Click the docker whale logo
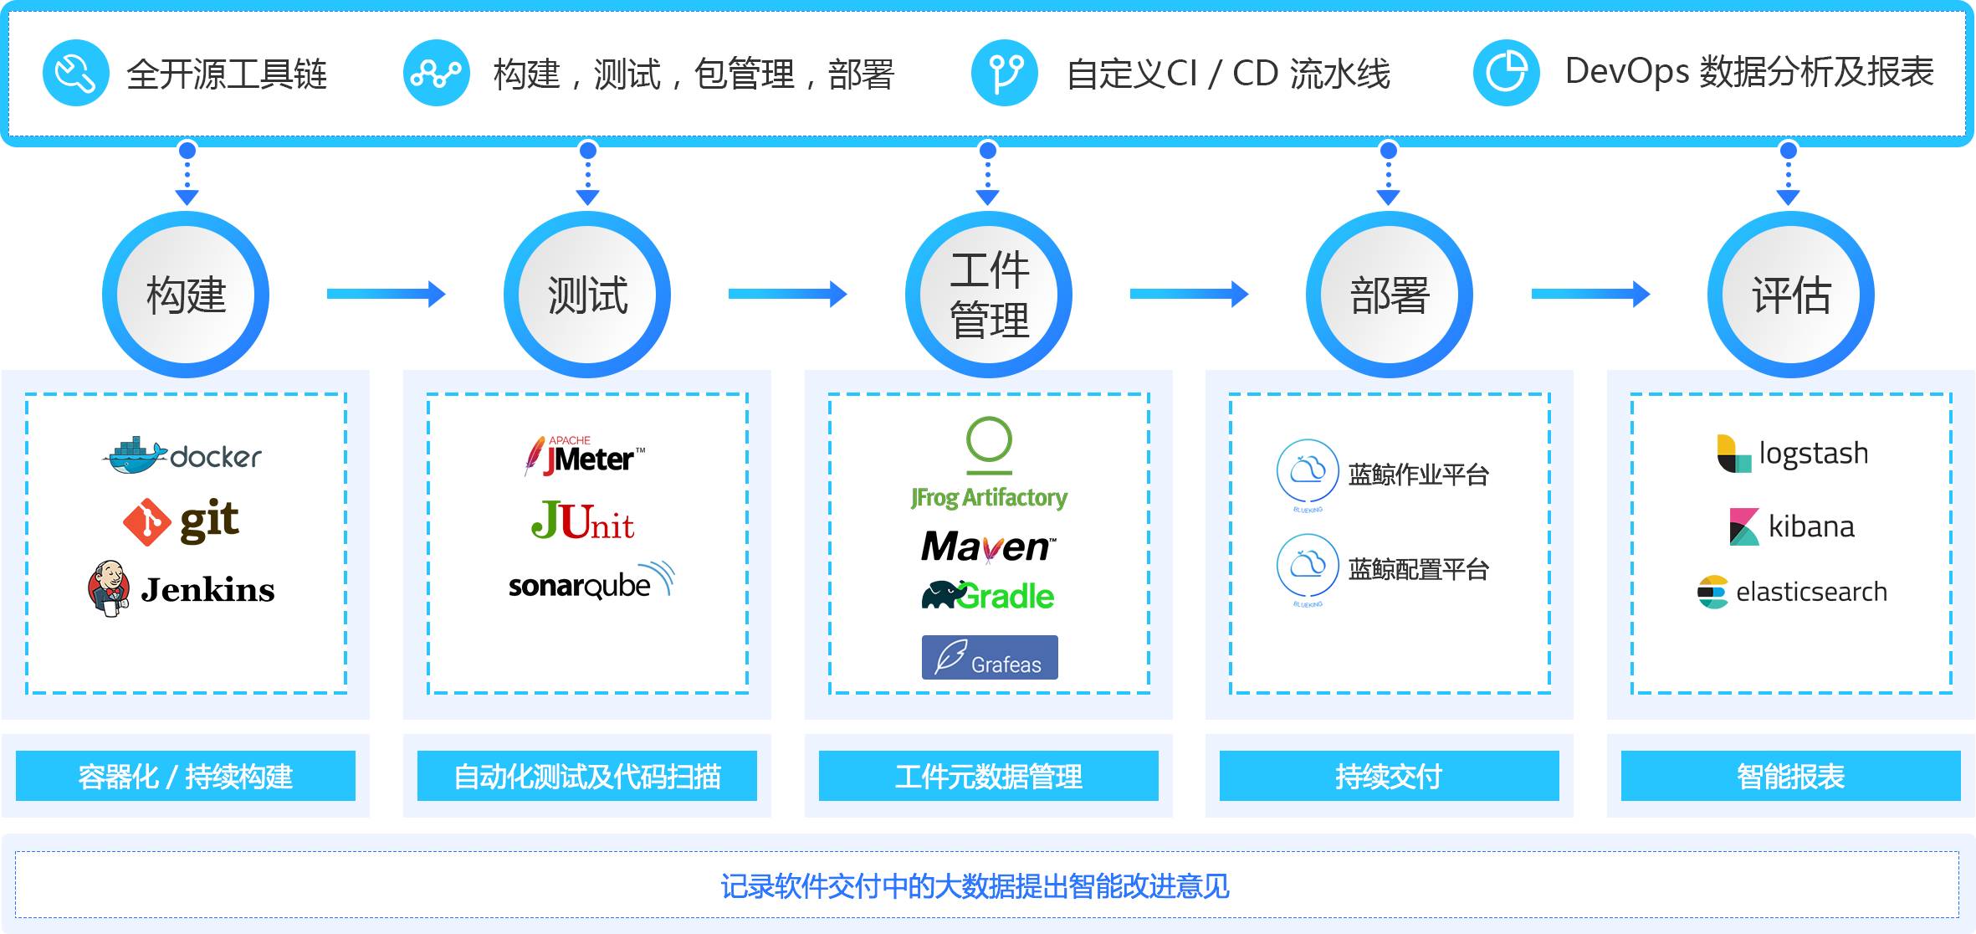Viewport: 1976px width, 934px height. (x=134, y=455)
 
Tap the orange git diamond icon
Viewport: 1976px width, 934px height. (x=146, y=522)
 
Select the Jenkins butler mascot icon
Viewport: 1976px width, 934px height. (x=109, y=588)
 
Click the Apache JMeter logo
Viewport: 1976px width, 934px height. (x=585, y=456)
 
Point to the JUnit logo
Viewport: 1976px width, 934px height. (x=582, y=521)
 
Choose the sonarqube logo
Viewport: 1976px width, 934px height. (x=590, y=582)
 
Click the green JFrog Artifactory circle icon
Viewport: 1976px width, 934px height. (x=989, y=441)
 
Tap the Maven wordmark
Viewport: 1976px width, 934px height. (x=988, y=547)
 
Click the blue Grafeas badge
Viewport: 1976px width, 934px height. (x=990, y=657)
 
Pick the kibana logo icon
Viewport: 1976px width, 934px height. (x=1744, y=526)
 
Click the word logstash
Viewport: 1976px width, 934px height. (x=1813, y=454)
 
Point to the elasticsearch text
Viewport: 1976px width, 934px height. (x=1811, y=592)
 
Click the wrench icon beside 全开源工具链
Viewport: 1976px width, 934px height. (x=76, y=73)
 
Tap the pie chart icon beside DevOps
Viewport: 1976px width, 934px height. (x=1506, y=73)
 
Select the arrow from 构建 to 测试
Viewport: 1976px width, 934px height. (x=386, y=294)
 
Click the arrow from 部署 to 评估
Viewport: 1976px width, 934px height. (x=1590, y=294)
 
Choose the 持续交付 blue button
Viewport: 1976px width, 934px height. (x=1389, y=776)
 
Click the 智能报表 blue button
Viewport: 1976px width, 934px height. (x=1790, y=776)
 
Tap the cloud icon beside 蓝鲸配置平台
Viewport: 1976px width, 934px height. (x=1308, y=565)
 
